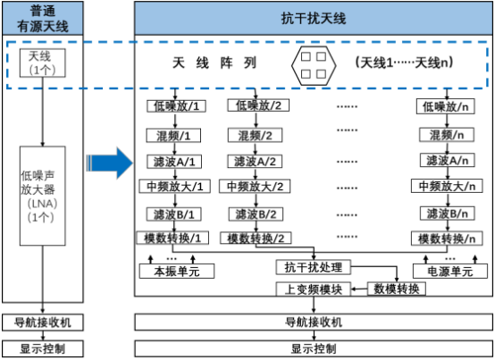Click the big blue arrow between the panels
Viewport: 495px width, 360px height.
109,163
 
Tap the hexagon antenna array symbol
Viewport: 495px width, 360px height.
314,65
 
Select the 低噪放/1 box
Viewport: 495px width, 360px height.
177,106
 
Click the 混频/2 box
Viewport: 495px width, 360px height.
255,136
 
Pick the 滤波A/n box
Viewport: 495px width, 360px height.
448,160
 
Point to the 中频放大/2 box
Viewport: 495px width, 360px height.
255,187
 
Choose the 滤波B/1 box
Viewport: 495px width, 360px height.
174,214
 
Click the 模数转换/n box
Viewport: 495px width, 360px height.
447,239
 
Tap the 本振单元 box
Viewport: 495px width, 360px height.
177,272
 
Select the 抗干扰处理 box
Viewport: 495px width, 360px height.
314,267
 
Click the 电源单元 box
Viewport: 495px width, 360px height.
450,272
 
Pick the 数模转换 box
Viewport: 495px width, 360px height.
397,289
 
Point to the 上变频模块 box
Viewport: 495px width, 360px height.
314,289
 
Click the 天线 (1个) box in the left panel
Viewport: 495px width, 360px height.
43,63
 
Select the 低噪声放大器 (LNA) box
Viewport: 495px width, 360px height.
43,196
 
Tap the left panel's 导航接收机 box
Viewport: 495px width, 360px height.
43,322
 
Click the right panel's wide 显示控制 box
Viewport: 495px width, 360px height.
314,348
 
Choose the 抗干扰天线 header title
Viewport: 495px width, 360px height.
314,18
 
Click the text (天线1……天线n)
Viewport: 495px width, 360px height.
404,63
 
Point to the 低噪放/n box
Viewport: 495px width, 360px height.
446,106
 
